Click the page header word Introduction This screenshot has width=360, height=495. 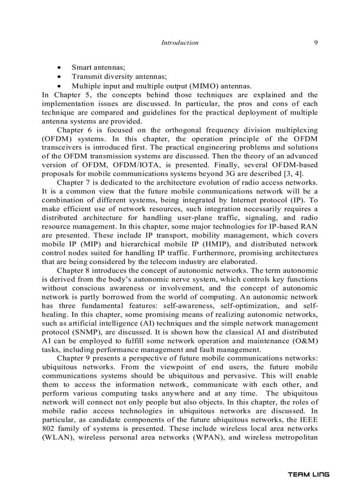[x=180, y=43]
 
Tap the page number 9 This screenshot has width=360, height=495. [x=316, y=43]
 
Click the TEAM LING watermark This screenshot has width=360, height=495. [x=308, y=475]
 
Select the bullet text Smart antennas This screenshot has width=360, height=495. [x=98, y=67]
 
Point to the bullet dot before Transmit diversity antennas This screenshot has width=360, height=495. [x=59, y=77]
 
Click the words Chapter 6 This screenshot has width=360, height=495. [x=73, y=130]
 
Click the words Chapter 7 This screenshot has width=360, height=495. [x=73, y=182]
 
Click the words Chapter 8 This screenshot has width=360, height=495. [x=73, y=271]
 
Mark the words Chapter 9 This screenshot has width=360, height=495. [x=73, y=358]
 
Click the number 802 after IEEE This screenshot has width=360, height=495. [x=49, y=428]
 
